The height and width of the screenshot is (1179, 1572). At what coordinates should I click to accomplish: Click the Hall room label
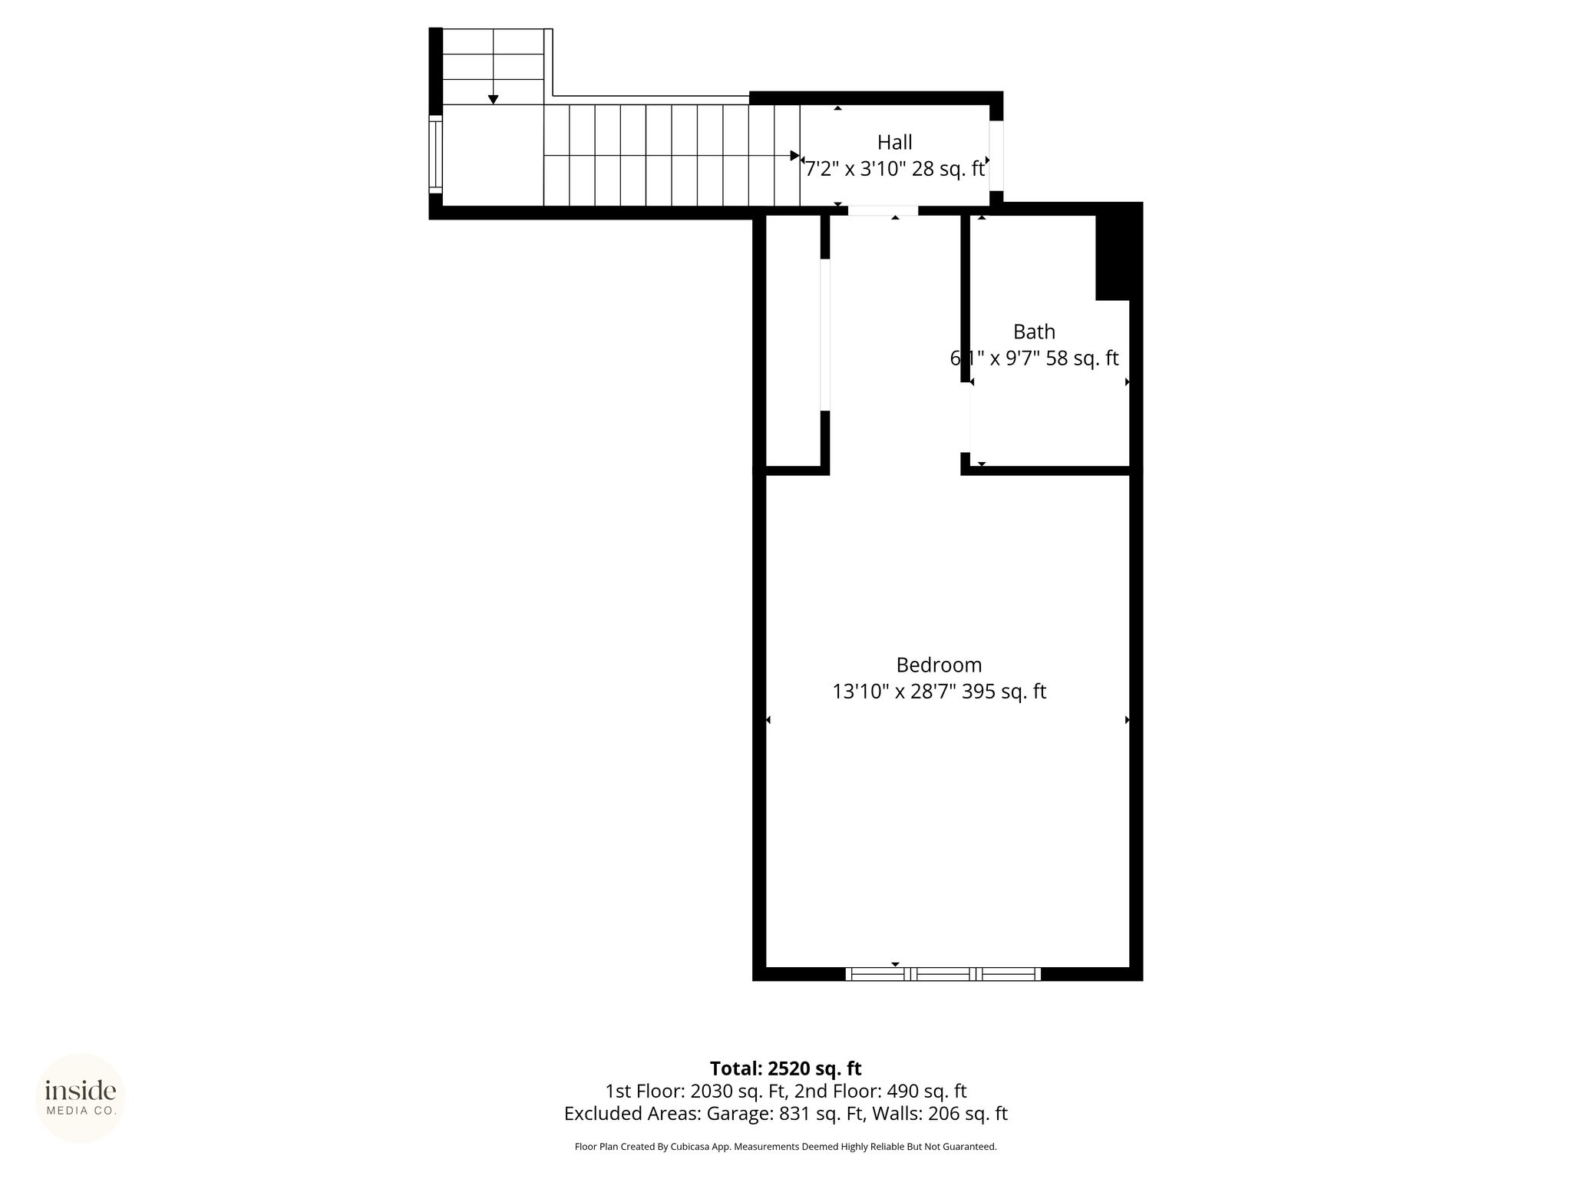pos(895,142)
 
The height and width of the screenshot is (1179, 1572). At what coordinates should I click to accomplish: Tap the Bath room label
pos(1034,332)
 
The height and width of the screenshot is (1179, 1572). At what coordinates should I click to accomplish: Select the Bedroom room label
pos(939,665)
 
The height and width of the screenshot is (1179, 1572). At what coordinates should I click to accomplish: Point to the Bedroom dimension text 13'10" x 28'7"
pos(893,692)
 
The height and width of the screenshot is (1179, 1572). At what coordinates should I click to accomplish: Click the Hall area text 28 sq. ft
pos(948,169)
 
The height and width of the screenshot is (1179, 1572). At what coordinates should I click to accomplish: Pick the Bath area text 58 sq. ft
pos(1082,358)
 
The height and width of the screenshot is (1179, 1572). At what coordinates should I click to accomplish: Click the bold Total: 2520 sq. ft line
pos(785,1068)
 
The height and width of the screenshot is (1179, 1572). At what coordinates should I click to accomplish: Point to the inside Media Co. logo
pos(81,1098)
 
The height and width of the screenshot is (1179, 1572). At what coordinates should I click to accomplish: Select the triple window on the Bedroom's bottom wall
pos(943,974)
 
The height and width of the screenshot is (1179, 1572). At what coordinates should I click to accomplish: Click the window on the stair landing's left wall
pos(435,154)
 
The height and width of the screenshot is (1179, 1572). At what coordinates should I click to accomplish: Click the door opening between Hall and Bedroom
pos(883,210)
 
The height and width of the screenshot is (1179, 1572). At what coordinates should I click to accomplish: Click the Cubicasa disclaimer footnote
pos(785,1147)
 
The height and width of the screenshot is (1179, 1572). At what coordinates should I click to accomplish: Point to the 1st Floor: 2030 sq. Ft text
pos(696,1091)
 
